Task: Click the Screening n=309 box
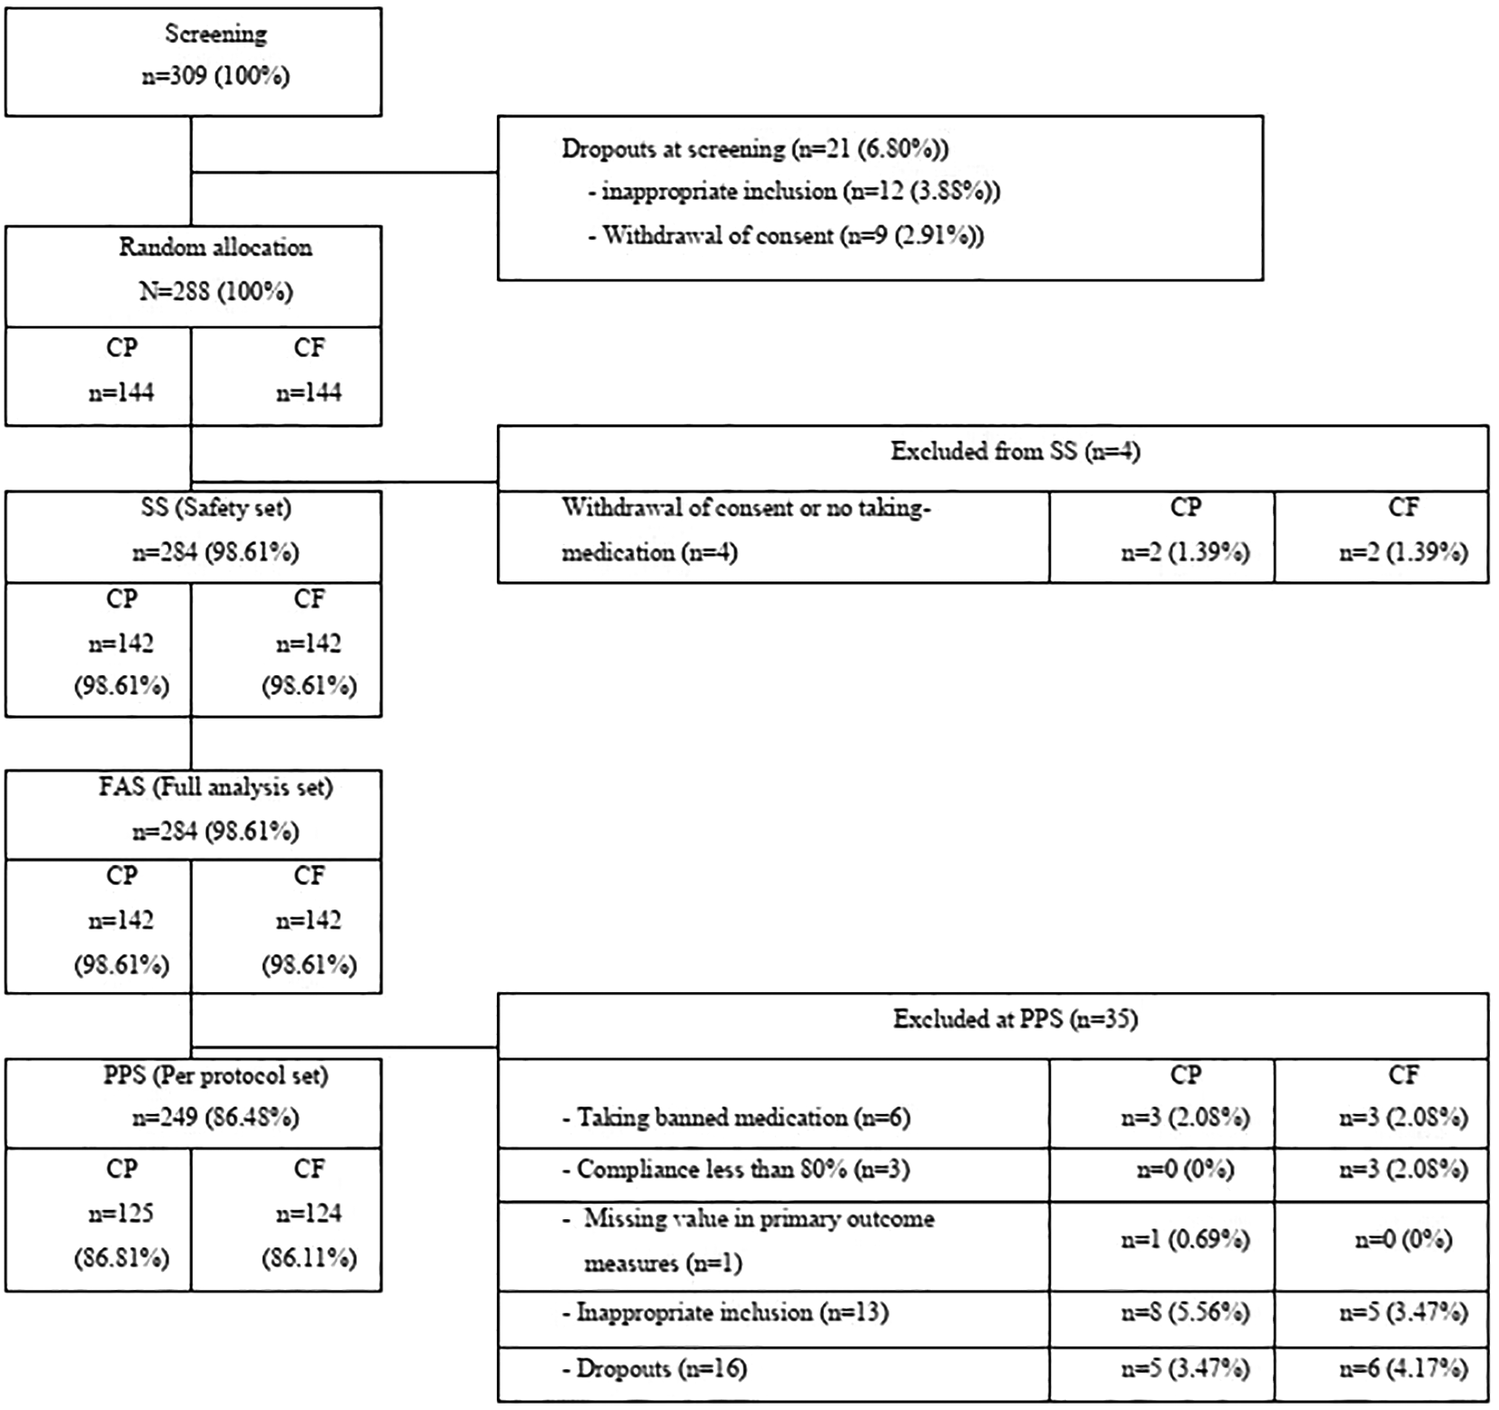(x=194, y=62)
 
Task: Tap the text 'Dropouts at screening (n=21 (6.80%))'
(x=755, y=148)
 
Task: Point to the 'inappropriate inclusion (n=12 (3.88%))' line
(x=794, y=192)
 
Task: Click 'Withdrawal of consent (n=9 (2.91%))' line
(x=786, y=236)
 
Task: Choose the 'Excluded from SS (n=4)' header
(x=1015, y=452)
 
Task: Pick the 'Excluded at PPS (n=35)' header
(x=1015, y=1019)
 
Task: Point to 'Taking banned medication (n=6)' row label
(x=736, y=1117)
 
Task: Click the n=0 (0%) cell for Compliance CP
(x=1185, y=1169)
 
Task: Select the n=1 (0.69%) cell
(x=1185, y=1240)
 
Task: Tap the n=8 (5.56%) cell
(x=1185, y=1313)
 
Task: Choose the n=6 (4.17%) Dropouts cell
(x=1403, y=1369)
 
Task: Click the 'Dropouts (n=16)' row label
(x=654, y=1369)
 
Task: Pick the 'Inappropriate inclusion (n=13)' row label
(x=725, y=1313)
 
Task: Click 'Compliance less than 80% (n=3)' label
(x=736, y=1169)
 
